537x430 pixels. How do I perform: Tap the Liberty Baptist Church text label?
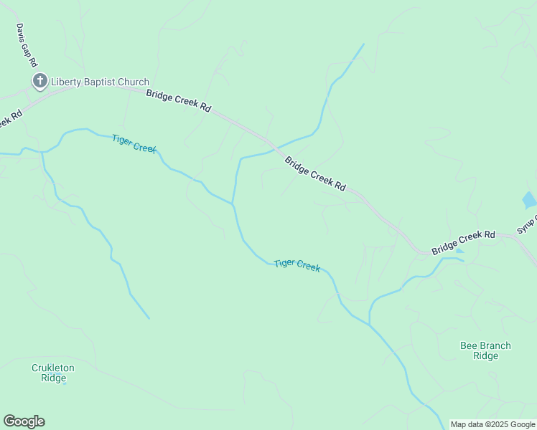[x=100, y=82]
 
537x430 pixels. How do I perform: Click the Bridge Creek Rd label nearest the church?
[x=179, y=100]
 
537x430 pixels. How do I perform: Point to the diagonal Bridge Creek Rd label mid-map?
[x=315, y=173]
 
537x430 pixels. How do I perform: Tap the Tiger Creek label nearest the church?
[x=134, y=143]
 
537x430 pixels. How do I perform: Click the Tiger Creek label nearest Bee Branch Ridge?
[x=296, y=264]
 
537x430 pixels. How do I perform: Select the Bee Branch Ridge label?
[x=486, y=350]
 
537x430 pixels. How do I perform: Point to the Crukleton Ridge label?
[x=53, y=373]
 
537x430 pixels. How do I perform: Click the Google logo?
[x=24, y=421]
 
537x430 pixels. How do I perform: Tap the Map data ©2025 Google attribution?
[x=492, y=424]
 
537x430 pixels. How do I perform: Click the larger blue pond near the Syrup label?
[x=529, y=201]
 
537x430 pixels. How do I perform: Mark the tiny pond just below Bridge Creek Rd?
[x=459, y=251]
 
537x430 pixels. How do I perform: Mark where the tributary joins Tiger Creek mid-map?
[x=233, y=204]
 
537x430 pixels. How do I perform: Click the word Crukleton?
[x=53, y=368]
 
